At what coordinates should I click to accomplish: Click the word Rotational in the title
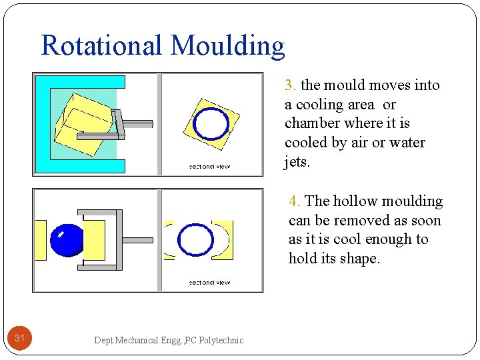[x=102, y=45]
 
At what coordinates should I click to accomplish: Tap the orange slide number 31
[x=20, y=339]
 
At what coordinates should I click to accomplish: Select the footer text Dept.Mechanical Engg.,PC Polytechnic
[x=169, y=340]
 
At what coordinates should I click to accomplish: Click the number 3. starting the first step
[x=291, y=85]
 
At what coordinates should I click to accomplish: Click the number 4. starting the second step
[x=295, y=201]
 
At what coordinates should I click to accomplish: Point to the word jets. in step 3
[x=297, y=162]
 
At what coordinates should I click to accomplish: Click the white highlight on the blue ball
[x=60, y=234]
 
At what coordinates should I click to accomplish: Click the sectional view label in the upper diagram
[x=209, y=167]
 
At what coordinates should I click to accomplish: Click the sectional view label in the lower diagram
[x=209, y=283]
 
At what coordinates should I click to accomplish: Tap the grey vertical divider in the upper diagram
[x=159, y=124]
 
